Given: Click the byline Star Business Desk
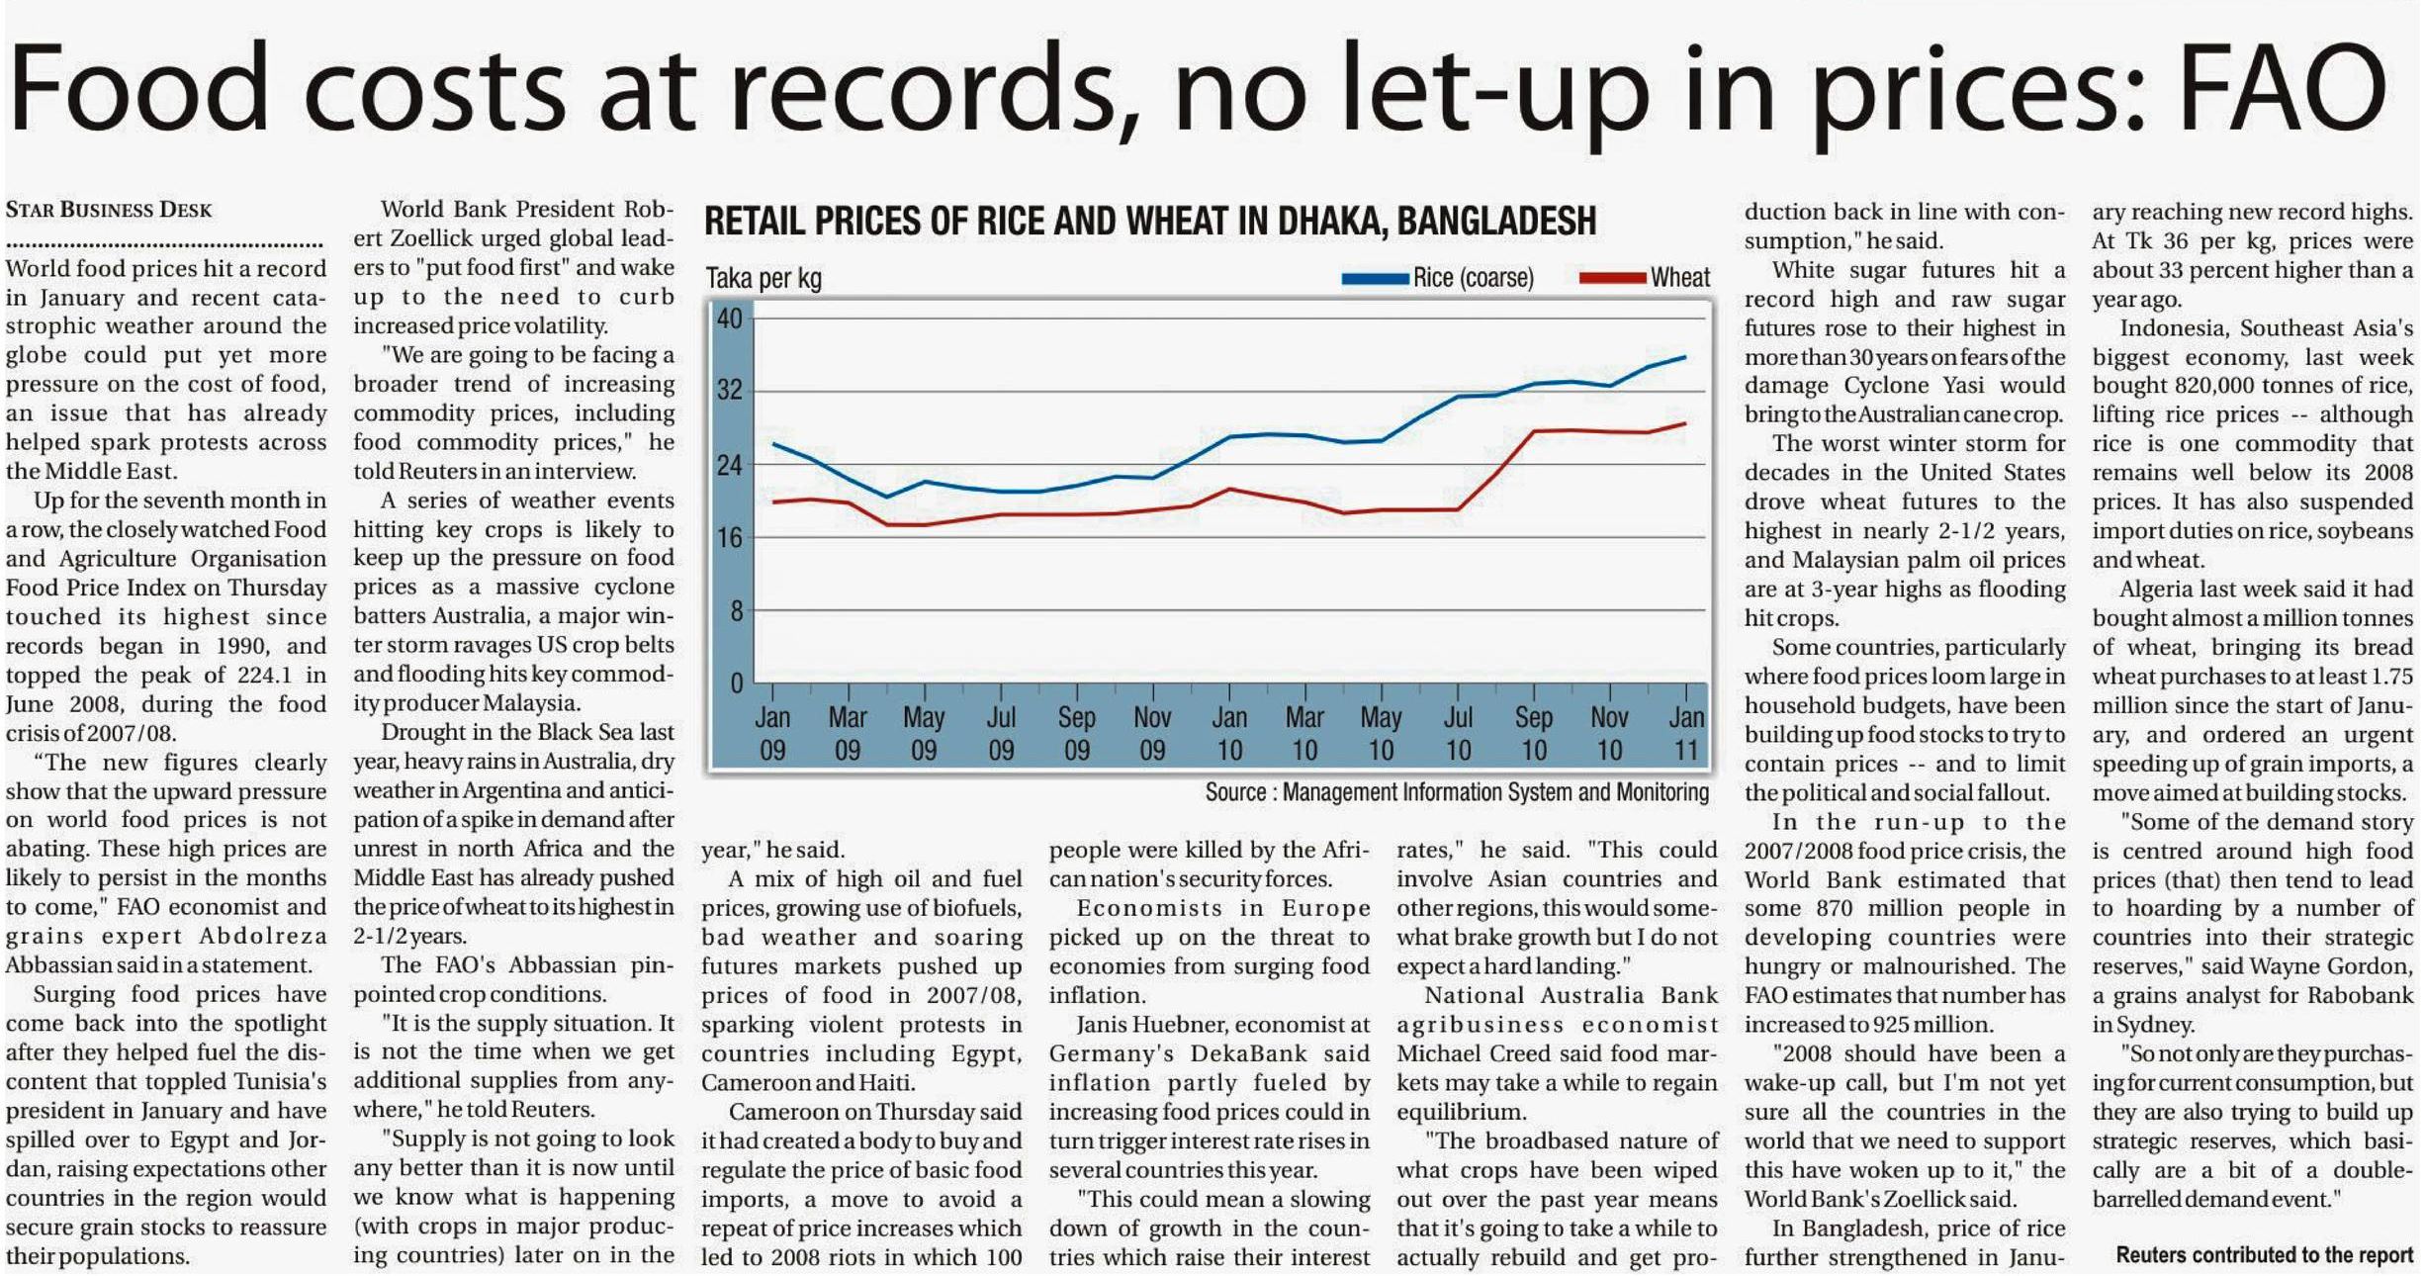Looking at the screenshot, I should pos(109,210).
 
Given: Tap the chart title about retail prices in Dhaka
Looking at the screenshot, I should pos(1149,221).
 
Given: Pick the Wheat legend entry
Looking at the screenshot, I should pos(1647,278).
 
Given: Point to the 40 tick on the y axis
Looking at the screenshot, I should pos(730,319).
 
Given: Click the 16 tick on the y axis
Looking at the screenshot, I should pos(730,537).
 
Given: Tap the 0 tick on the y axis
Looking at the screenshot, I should pos(736,683).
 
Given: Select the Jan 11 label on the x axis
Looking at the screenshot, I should pos(1686,733).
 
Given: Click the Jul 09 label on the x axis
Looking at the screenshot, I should pos(1001,733).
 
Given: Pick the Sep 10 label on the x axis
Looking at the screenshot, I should pos(1534,733).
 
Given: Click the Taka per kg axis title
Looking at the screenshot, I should pos(763,279).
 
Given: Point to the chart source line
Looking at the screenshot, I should pos(1456,792).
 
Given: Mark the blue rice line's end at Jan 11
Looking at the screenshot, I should pos(1685,357).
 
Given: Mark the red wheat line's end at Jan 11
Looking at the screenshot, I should pos(1685,423).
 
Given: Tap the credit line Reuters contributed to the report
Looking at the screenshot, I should pos(2264,1255).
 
